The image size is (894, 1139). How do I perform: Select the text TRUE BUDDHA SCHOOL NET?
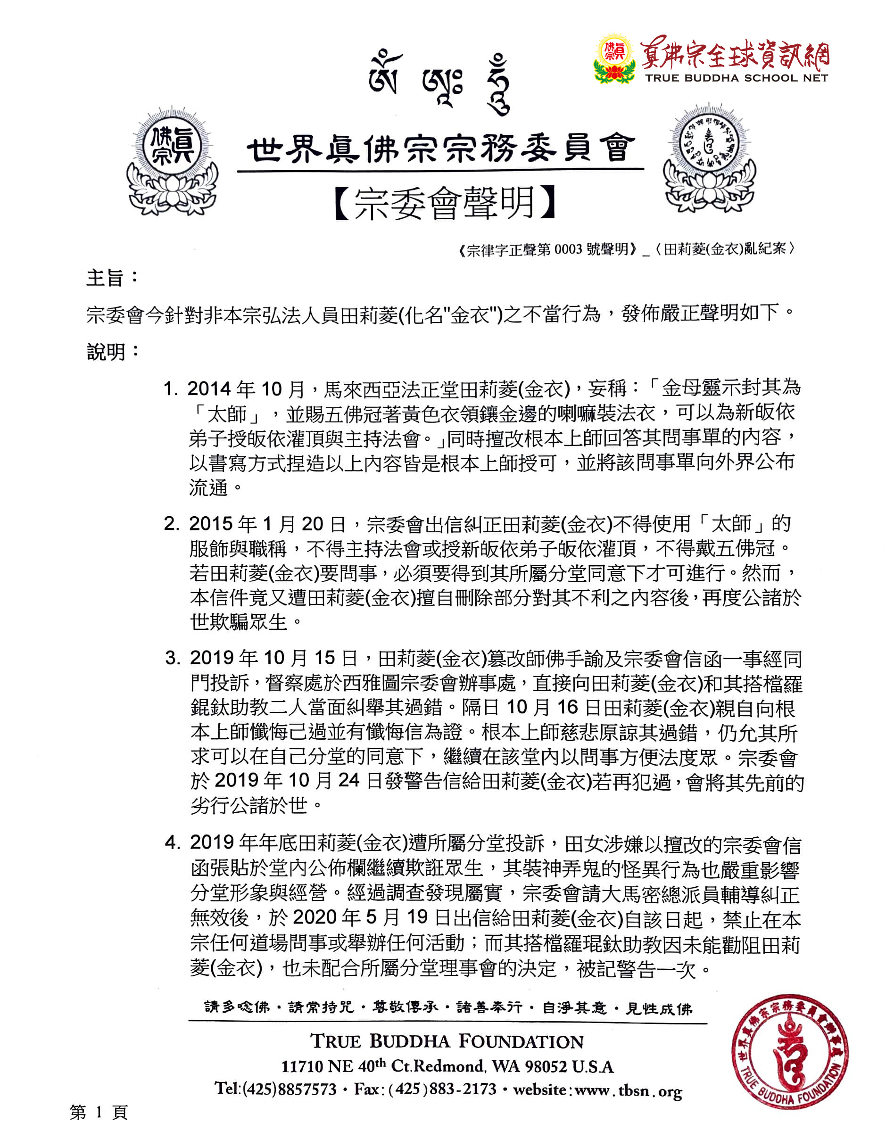737,78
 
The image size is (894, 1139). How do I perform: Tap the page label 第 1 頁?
99,1112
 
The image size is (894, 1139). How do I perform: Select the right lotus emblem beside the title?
710,159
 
